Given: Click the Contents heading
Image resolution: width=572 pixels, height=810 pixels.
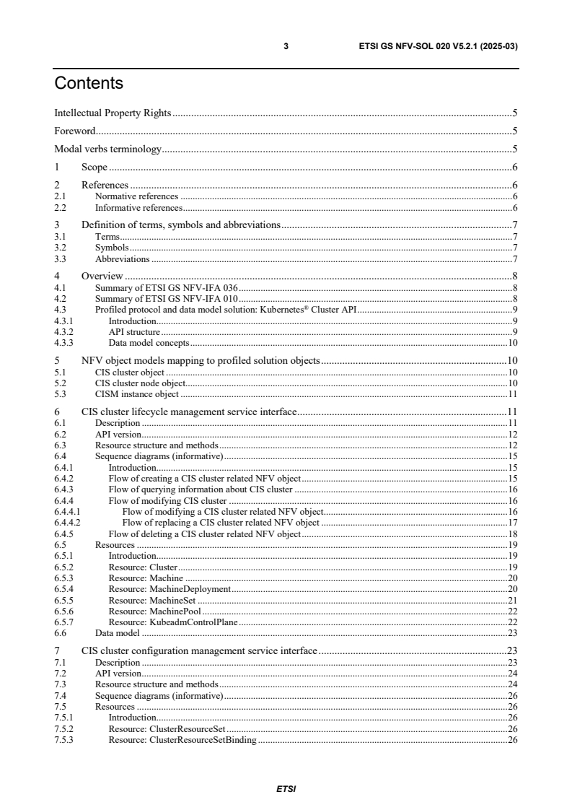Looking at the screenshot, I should click(x=89, y=83).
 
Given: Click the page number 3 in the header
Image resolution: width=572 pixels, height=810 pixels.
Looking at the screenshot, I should click(x=286, y=46).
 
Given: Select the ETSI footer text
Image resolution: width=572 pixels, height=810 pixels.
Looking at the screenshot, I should click(x=286, y=789).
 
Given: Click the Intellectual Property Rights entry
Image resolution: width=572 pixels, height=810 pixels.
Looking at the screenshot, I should click(x=113, y=113).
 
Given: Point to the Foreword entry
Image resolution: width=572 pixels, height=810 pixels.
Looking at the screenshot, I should click(x=75, y=131).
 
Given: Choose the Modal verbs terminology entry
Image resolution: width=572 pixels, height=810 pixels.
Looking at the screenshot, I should click(x=107, y=149).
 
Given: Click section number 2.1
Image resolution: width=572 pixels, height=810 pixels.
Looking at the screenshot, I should click(x=61, y=196).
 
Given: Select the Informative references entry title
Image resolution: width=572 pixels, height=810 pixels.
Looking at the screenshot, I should click(x=138, y=207).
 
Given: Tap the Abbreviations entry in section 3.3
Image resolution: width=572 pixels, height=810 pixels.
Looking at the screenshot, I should click(x=122, y=259).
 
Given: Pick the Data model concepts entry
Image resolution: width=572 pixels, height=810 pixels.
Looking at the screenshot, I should click(x=149, y=343).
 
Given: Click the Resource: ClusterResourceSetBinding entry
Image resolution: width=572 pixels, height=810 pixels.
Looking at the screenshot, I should click(x=182, y=741).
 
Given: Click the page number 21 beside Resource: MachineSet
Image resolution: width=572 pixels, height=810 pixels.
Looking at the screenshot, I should click(x=513, y=600).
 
